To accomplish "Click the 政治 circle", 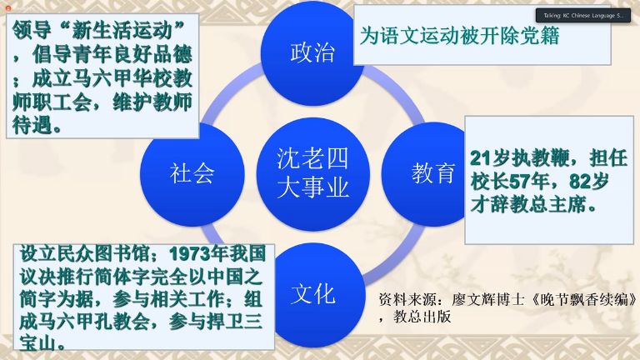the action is [312, 53].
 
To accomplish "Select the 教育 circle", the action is [428, 173].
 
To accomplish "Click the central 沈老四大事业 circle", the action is [313, 174].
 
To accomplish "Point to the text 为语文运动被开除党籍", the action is [459, 36].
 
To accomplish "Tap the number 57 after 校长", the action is [519, 182].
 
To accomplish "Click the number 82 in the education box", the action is [580, 182].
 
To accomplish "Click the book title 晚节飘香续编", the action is [584, 300].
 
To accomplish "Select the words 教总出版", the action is [422, 317].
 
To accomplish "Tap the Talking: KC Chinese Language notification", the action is [582, 16].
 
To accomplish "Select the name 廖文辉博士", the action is [487, 300].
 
